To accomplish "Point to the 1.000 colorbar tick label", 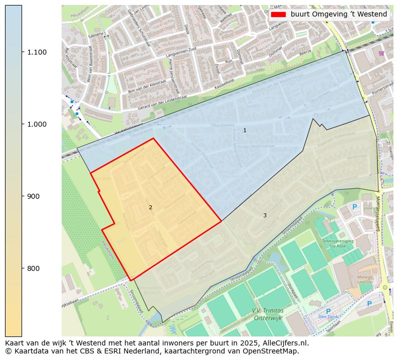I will click(36, 124).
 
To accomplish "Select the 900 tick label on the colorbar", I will click(34, 196).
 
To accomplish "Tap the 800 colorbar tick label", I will click(34, 268).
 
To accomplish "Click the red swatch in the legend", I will click(278, 15).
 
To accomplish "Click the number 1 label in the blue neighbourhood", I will click(245, 130).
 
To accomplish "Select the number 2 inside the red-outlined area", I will click(150, 207).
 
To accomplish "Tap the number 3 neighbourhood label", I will click(265, 215).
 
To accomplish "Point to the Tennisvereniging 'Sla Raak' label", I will click(337, 243).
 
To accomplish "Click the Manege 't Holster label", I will click(365, 279).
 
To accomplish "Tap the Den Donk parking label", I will click(328, 316).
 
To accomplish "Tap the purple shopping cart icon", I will click(381, 53).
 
